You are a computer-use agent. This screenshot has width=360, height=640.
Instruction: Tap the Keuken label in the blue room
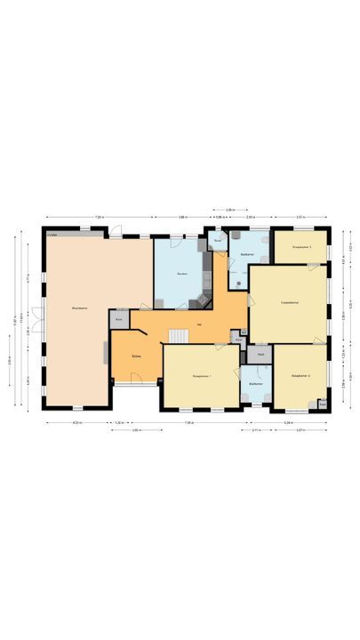[x=181, y=273]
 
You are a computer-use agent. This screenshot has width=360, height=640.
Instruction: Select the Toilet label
[x=217, y=241]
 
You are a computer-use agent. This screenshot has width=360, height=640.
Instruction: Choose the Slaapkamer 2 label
[x=300, y=377]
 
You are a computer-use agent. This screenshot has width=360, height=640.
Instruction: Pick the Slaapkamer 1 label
[x=200, y=377]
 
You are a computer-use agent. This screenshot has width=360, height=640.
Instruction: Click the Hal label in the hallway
[x=199, y=324]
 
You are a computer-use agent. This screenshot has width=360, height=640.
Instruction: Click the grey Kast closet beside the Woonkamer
[x=118, y=319]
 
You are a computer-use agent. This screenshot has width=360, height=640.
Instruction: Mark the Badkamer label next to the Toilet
[x=248, y=255]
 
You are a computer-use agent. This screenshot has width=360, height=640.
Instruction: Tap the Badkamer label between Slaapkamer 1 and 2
[x=255, y=383]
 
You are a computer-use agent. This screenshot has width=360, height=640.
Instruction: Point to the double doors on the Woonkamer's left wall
[x=37, y=318]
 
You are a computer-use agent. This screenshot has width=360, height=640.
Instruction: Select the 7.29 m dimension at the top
[x=100, y=217]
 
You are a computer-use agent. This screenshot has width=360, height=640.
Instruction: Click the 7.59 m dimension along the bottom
[x=189, y=422]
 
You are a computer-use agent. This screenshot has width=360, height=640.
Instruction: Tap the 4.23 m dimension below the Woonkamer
[x=77, y=422]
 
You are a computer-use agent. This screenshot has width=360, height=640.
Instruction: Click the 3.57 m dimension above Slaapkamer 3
[x=300, y=217]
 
